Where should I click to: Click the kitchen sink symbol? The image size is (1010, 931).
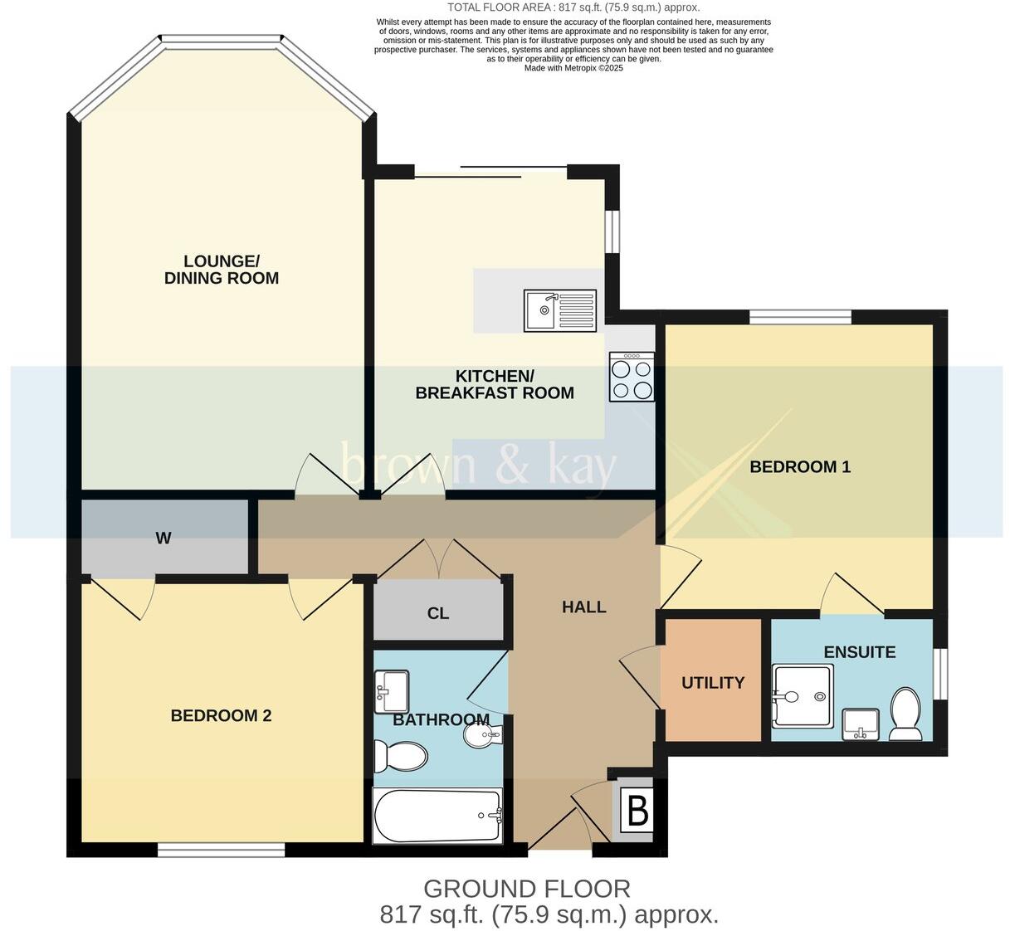coord(559,310)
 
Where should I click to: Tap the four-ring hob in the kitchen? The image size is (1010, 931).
coord(632,378)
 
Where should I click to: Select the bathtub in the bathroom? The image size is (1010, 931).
coord(438,815)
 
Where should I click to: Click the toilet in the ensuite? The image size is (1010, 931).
coord(905,714)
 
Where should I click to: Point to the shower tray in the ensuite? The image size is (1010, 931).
coord(802,695)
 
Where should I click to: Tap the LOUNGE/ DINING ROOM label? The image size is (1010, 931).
coord(222,271)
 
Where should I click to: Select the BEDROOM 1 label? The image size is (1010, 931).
coord(800,467)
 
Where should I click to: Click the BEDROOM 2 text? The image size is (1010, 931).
coord(221,715)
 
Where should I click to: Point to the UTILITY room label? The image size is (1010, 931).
coord(713,683)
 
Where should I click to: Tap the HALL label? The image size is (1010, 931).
coord(583,607)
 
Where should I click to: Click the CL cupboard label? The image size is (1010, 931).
coord(438,613)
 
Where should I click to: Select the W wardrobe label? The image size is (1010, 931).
coord(163,539)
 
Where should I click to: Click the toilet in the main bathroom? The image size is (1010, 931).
coord(401,756)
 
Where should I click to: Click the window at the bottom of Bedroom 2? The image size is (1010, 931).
coord(221,849)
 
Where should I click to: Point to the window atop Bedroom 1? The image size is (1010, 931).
coord(800,316)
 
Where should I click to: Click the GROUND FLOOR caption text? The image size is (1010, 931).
coord(526,889)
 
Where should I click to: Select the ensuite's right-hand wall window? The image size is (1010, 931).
coord(940,673)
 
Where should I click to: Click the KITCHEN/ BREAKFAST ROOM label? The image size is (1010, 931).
coord(495,385)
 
